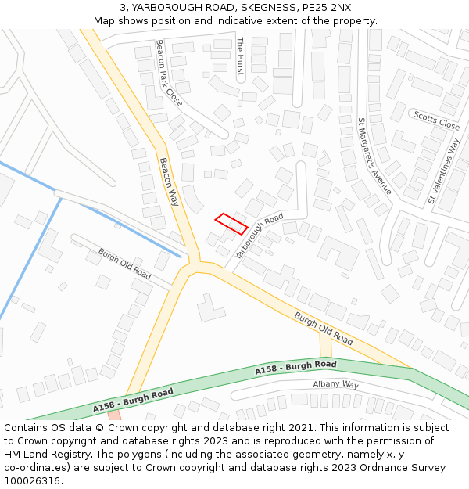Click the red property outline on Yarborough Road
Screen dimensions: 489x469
coord(231,223)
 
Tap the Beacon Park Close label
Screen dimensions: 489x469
coord(169,74)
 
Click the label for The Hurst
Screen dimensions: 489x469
coord(240,56)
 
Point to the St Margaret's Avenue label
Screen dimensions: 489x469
coord(374,156)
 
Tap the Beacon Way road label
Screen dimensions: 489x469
coord(169,182)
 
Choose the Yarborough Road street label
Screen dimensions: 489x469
coord(259,236)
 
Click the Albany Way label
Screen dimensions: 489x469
coord(335,384)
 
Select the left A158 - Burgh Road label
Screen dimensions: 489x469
coord(133,401)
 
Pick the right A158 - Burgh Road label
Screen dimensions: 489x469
coord(295,368)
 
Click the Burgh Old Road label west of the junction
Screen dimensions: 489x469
coord(124,264)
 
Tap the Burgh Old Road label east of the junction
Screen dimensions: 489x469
coord(324,328)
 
